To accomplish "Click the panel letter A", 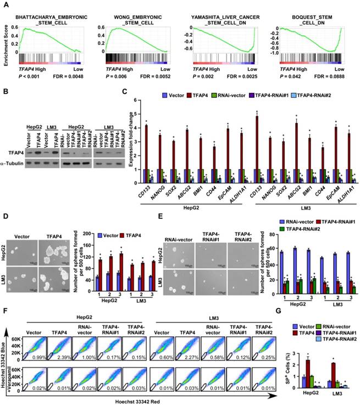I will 5,5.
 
